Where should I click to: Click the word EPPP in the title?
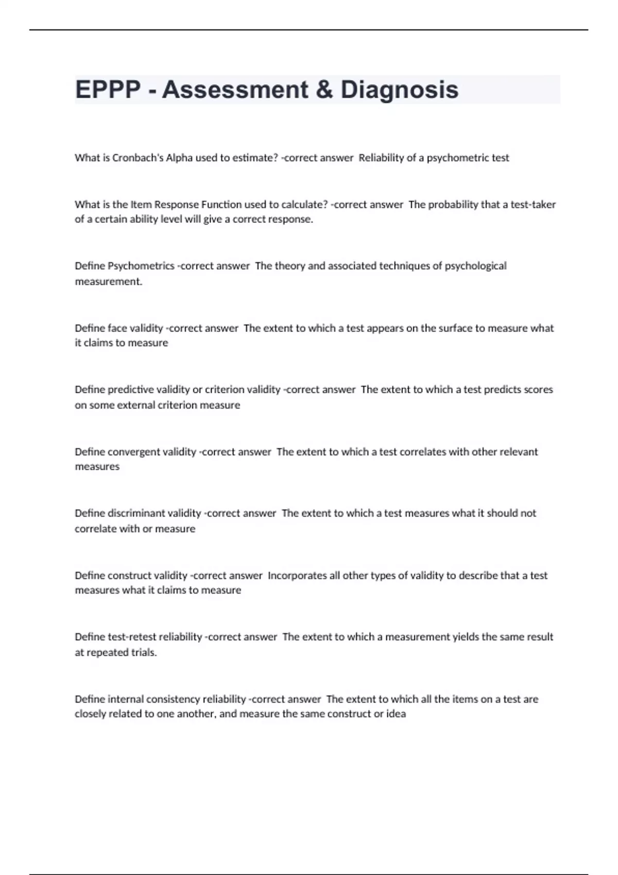tap(108, 90)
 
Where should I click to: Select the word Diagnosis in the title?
tap(399, 90)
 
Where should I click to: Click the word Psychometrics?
tap(141, 266)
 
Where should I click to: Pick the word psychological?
tap(475, 266)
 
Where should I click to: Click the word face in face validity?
tap(117, 328)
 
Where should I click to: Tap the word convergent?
tap(134, 452)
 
